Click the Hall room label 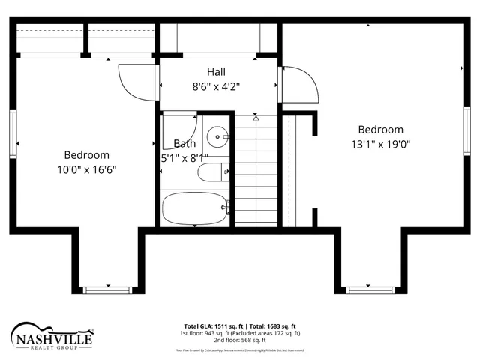216,71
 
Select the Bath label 185,143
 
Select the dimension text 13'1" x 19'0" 380,144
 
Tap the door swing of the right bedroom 300,85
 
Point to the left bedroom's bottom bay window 108,289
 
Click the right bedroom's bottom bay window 369,289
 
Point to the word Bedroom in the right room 380,130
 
